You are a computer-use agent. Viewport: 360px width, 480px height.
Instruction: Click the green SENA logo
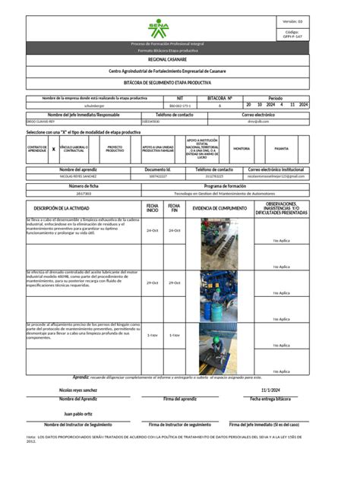(159, 29)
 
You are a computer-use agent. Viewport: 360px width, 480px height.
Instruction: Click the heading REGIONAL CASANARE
(166, 58)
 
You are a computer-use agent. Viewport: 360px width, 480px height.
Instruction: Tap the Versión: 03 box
(292, 21)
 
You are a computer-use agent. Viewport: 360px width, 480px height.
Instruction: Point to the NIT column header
(179, 99)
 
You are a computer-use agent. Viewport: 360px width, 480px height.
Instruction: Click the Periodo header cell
(275, 99)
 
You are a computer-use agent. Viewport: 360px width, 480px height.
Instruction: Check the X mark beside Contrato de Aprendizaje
(53, 150)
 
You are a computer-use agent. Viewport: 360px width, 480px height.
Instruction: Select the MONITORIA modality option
(242, 149)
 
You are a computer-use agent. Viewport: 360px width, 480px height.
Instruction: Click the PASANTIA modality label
(281, 149)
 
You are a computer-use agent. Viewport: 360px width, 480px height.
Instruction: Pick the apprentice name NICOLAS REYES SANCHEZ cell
(77, 175)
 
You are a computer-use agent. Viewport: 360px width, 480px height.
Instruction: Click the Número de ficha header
(84, 185)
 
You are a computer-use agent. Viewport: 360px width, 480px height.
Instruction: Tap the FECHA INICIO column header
(153, 207)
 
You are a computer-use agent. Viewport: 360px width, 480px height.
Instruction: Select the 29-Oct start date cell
(153, 283)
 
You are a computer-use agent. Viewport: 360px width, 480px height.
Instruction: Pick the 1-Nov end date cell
(175, 335)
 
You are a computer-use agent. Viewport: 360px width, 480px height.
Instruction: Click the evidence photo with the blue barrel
(218, 294)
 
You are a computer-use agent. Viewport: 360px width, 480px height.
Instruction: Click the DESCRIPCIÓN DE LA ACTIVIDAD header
(84, 207)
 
